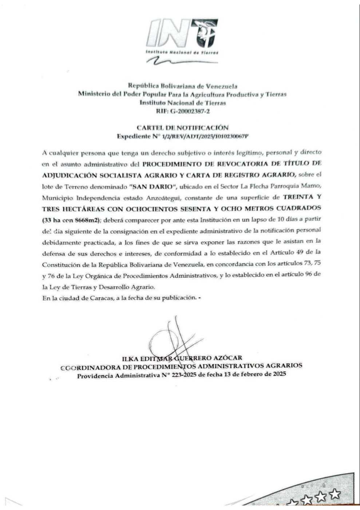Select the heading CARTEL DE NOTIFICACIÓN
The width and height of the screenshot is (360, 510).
click(x=182, y=127)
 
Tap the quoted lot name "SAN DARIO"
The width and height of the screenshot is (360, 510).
click(x=154, y=187)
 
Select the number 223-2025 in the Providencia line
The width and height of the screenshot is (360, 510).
click(x=184, y=374)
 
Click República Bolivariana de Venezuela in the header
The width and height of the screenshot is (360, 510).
click(x=182, y=86)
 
